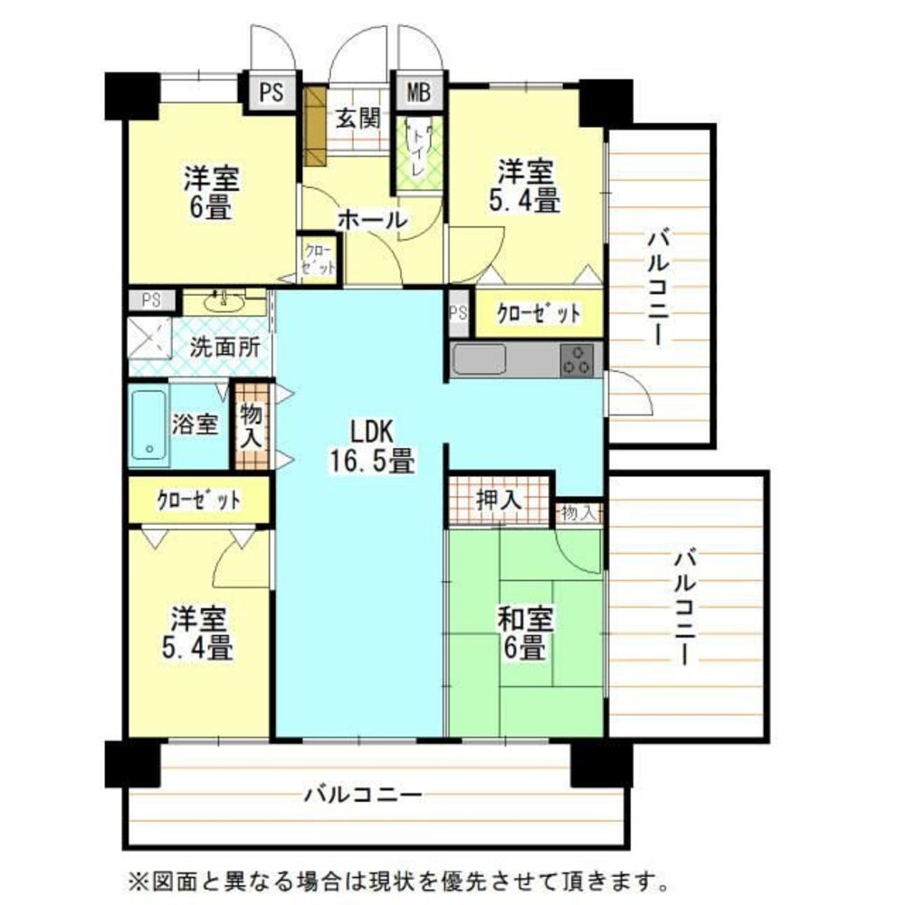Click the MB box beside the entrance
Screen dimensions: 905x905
coord(419,91)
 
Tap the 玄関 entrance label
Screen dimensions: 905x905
coord(358,119)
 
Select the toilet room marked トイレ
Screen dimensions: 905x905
coord(419,150)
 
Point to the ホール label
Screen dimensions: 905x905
coord(372,219)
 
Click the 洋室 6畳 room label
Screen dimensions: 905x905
coord(211,192)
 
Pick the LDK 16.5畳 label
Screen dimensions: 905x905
coord(371,445)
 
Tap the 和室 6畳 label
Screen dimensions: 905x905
coord(526,633)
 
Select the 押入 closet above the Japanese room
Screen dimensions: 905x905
coord(499,500)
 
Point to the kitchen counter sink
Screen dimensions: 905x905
coord(480,359)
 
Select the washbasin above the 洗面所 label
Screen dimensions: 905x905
coord(221,302)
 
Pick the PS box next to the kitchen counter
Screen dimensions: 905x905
coord(459,314)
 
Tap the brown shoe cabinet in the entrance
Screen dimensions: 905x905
coord(314,121)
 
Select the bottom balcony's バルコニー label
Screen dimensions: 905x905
coord(362,795)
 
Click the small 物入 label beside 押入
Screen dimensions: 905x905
coord(578,513)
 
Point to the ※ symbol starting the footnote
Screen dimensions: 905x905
coord(135,878)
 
